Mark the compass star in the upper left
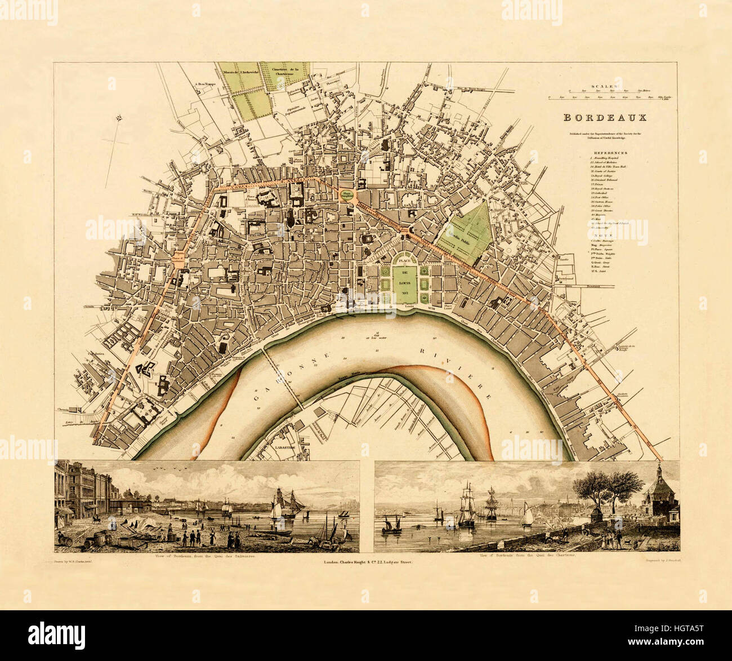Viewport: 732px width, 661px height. coord(119,118)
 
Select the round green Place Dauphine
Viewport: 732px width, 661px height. coord(347,194)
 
